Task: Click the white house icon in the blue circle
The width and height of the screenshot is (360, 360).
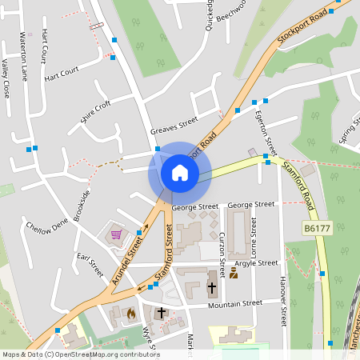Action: (179, 172)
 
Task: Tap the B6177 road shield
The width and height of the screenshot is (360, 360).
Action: (317, 229)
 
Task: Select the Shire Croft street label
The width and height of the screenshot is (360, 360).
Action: (95, 112)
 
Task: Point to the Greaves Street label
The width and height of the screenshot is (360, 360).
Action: (174, 126)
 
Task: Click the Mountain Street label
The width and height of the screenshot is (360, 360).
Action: (235, 304)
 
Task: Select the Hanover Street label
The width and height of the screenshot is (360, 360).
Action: (282, 302)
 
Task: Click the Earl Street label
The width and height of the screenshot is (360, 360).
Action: (90, 266)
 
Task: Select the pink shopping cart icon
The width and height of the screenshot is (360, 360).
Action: (116, 234)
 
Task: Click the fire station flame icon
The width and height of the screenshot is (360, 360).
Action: (131, 314)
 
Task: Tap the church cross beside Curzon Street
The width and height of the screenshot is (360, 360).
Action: (212, 286)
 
